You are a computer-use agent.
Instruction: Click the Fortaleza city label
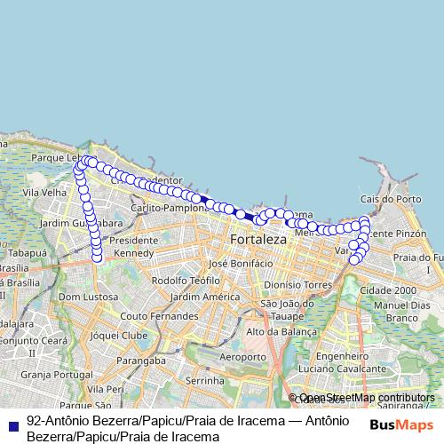[x=258, y=240]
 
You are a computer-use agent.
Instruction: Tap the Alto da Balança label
[x=281, y=332]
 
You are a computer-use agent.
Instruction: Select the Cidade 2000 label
[x=388, y=290]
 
